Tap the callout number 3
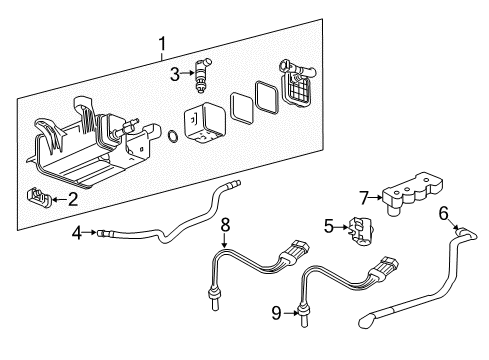pos(174,73)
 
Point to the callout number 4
pos(77,234)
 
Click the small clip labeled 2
pos(39,198)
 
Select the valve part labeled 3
pos(204,71)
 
